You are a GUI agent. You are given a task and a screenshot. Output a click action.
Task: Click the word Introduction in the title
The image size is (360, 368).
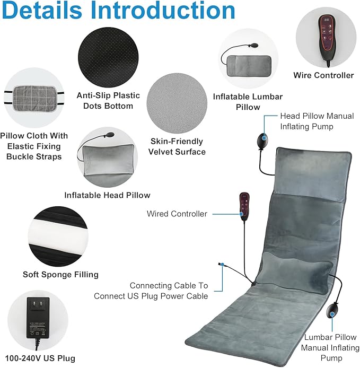point(163,10)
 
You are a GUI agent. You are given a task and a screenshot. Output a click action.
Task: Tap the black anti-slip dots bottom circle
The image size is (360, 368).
point(108,57)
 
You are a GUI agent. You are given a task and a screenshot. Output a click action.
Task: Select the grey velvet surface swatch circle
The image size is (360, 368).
point(177,103)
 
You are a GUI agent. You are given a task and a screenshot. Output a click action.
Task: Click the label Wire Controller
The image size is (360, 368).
point(323,75)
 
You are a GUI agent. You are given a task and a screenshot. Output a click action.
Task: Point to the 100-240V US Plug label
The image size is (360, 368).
point(40,358)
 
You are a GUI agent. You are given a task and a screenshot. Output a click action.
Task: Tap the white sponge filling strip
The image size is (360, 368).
point(58,236)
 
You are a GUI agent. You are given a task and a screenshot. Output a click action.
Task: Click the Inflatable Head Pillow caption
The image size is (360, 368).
point(107,195)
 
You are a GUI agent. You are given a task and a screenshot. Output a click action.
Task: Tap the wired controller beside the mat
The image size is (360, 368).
point(244,206)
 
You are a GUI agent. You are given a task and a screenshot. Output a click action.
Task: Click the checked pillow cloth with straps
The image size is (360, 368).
point(34,98)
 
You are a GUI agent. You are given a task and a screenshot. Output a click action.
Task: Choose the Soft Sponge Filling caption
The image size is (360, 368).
point(60,274)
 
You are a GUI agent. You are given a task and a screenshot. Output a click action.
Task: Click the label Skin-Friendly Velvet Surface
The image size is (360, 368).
point(177,146)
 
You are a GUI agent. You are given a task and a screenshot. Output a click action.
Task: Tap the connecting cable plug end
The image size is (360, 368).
point(221,264)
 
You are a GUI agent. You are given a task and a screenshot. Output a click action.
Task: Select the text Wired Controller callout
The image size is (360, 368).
point(177,214)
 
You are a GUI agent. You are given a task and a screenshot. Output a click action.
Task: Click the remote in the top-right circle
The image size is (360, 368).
point(327,39)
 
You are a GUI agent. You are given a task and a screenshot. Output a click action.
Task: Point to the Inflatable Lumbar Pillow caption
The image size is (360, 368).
point(248,102)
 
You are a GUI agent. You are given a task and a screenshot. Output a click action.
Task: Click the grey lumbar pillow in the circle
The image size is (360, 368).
point(249,66)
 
